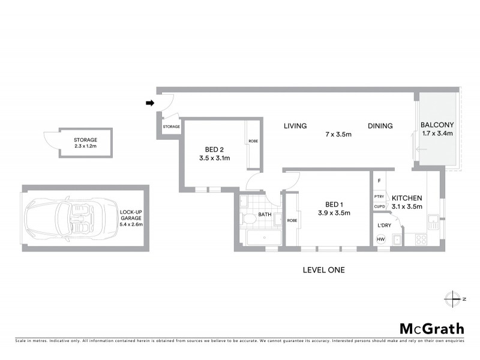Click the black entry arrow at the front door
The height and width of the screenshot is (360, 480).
pyautogui.click(x=149, y=103)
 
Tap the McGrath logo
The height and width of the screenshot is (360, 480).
pyautogui.click(x=431, y=328)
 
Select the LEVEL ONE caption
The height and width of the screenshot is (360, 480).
pyautogui.click(x=324, y=270)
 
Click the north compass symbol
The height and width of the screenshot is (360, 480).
pyautogui.click(x=452, y=298)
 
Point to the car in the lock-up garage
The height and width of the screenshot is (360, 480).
pyautogui.click(x=62, y=217)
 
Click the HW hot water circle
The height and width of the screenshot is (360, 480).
pyautogui.click(x=380, y=239)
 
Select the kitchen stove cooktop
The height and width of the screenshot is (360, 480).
pyautogui.click(x=421, y=239)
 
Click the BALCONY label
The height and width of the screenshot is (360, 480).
pyautogui.click(x=437, y=125)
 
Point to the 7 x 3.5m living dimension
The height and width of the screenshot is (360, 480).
pyautogui.click(x=338, y=134)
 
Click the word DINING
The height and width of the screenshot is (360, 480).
pyautogui.click(x=380, y=126)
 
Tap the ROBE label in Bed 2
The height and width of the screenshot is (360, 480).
pyautogui.click(x=253, y=142)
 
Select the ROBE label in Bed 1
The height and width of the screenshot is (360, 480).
pyautogui.click(x=292, y=220)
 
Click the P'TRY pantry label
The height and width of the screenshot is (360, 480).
pyautogui.click(x=379, y=196)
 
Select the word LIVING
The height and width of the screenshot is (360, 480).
pyautogui.click(x=295, y=126)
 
